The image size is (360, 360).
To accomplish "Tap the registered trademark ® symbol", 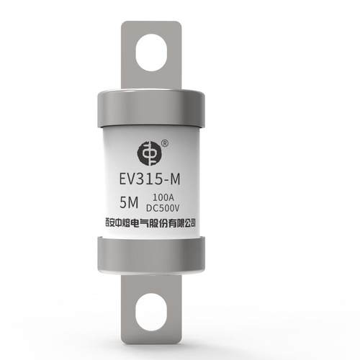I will (164, 143).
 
